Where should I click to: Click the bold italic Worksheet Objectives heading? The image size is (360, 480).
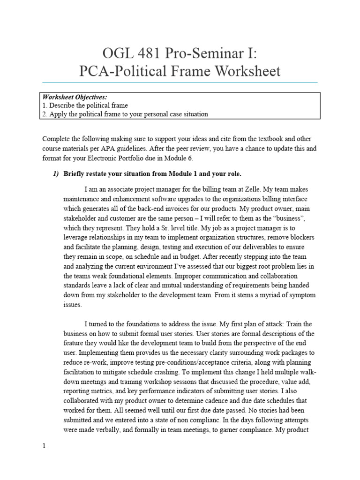pyautogui.click(x=75, y=97)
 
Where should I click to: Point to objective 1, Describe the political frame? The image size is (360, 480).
pyautogui.click(x=85, y=105)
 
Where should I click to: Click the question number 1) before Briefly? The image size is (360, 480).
pyautogui.click(x=56, y=174)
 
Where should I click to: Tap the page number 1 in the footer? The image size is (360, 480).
pyautogui.click(x=44, y=446)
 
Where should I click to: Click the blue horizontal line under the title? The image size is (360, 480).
pyautogui.click(x=180, y=83)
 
